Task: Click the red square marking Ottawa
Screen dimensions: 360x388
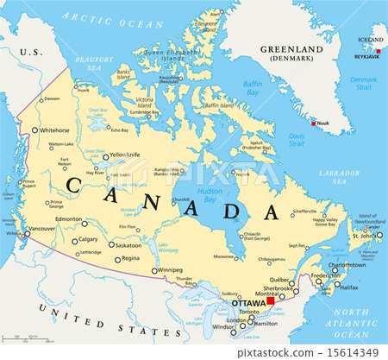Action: [270, 302]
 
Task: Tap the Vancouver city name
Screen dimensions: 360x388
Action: [41, 229]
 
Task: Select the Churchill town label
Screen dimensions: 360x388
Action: [181, 199]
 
